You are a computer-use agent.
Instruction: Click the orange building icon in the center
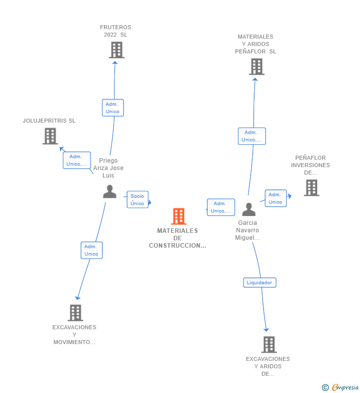click(179, 216)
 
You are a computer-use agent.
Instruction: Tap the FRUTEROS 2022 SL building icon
click(117, 50)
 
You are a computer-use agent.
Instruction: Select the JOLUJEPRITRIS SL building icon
click(50, 136)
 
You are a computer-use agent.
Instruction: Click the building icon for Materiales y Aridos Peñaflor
click(257, 67)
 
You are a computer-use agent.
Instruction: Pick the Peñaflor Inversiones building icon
click(312, 188)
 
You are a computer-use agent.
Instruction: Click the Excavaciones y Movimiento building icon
click(75, 313)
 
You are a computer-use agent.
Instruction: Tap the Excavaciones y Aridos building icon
click(269, 345)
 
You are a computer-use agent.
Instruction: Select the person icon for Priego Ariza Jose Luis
click(110, 191)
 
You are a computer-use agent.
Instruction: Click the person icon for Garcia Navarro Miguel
click(249, 209)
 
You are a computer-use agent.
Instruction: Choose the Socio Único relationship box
click(137, 200)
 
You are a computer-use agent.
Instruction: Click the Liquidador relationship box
click(260, 282)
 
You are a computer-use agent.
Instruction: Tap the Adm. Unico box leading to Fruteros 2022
click(113, 108)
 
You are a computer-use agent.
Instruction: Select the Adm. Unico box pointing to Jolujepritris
click(77, 160)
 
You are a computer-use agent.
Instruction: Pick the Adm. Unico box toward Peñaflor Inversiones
click(275, 198)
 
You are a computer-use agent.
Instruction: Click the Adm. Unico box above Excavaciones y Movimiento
click(91, 250)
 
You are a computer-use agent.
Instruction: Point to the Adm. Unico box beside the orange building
click(221, 207)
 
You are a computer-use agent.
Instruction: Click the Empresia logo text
click(345, 387)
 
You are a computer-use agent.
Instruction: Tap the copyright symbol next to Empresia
click(325, 388)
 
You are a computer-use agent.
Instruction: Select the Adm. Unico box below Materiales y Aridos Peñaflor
click(252, 136)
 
